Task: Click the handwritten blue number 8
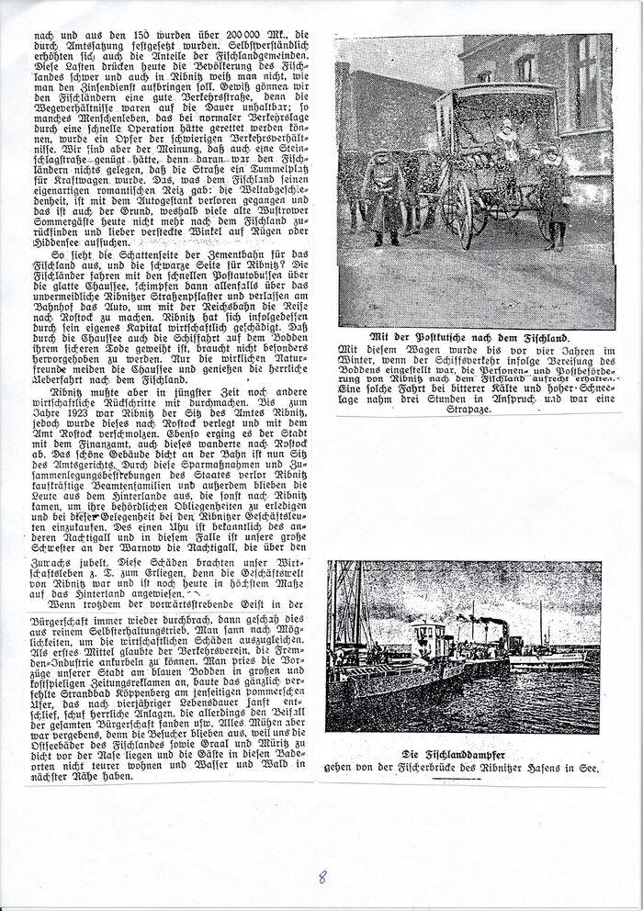coord(321,876)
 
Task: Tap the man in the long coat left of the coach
coord(379,193)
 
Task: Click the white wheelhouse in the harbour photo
coord(425,639)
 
